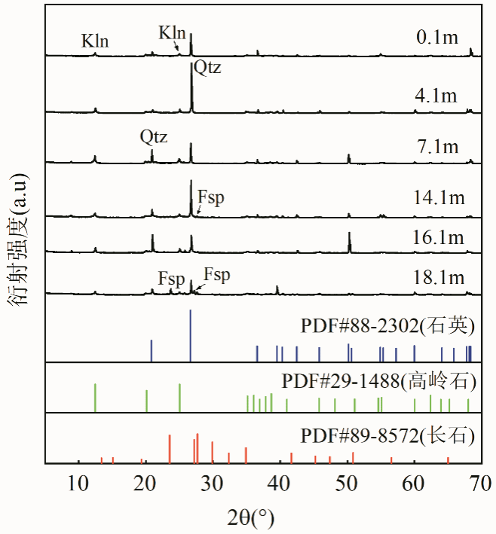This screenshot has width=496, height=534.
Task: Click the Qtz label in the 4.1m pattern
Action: click(207, 69)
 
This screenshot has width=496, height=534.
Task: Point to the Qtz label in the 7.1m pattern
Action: click(153, 137)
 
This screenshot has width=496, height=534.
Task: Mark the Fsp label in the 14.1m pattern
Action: click(211, 197)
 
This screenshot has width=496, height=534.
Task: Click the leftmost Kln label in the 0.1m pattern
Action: click(95, 41)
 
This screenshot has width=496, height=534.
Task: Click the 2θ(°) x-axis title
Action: click(250, 517)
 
